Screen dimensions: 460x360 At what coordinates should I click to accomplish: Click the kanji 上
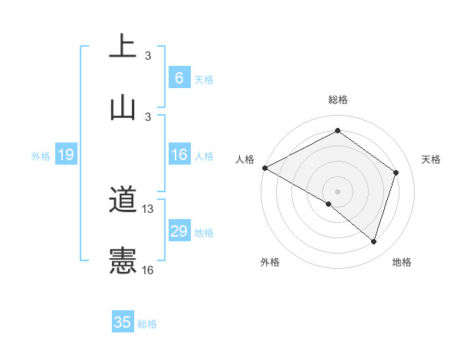(x=123, y=46)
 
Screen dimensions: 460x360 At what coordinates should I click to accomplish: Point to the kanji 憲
(x=123, y=260)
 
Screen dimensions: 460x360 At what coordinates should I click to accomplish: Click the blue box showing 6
(x=179, y=78)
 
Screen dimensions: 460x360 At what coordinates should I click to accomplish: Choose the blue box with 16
(x=179, y=155)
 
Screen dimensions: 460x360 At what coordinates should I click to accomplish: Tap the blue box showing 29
(x=179, y=232)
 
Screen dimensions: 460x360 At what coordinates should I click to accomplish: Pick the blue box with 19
(x=66, y=155)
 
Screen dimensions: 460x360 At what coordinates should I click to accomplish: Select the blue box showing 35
(x=123, y=322)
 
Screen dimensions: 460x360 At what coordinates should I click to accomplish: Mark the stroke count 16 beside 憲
(x=148, y=270)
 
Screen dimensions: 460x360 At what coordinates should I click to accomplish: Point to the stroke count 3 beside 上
(x=148, y=56)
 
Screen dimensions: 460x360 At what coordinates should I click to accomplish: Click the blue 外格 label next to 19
(x=41, y=156)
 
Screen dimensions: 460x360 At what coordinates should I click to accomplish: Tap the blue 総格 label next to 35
(x=147, y=324)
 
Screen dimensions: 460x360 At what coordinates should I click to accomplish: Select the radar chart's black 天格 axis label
(x=431, y=159)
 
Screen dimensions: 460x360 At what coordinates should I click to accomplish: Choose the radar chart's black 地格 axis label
(x=402, y=262)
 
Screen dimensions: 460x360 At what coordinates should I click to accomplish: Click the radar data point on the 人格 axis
(x=264, y=167)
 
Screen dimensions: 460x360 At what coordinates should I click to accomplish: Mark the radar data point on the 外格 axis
(x=329, y=204)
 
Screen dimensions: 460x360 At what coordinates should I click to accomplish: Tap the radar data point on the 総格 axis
(x=337, y=131)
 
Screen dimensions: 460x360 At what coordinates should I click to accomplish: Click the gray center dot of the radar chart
(x=337, y=191)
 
